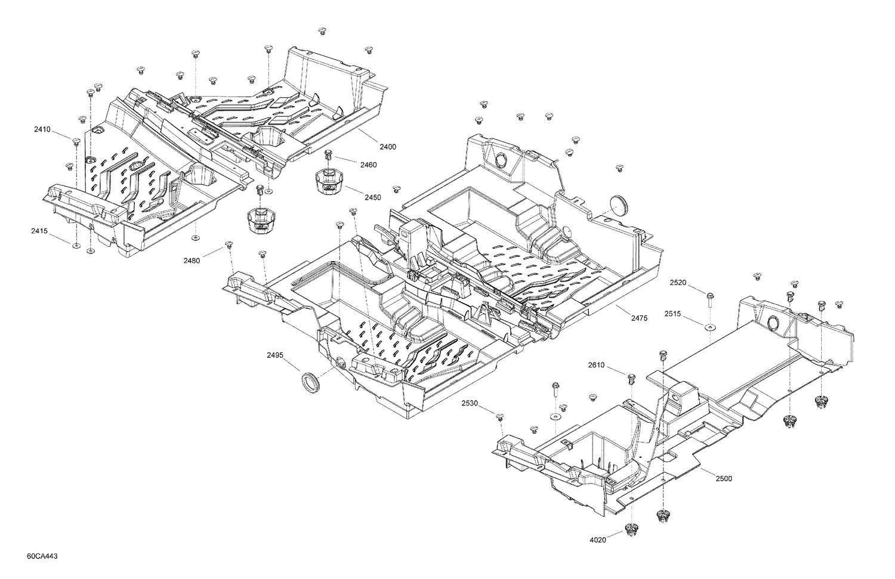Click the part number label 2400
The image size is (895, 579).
(x=388, y=147)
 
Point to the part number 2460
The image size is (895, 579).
(x=368, y=165)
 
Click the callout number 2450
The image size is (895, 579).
(x=373, y=197)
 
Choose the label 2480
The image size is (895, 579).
(x=193, y=260)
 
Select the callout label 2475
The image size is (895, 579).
(x=639, y=318)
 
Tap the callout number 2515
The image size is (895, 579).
(x=675, y=314)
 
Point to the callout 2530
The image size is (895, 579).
(x=470, y=404)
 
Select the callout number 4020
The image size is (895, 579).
(x=598, y=540)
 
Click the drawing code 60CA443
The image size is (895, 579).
(x=42, y=556)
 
